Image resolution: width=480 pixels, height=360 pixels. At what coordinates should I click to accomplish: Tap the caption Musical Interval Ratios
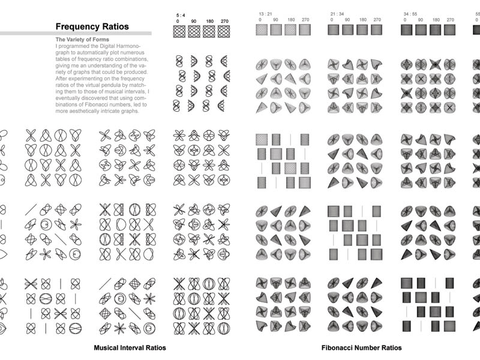[x=130, y=347]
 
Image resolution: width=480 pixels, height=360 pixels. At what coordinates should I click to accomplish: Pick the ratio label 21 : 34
[x=337, y=13]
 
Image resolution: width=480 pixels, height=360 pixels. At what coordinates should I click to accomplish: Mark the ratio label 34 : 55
[x=409, y=13]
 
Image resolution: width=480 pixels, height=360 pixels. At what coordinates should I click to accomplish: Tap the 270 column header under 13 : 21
[x=305, y=20]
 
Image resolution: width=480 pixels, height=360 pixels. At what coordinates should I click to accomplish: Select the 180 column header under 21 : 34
[x=362, y=20]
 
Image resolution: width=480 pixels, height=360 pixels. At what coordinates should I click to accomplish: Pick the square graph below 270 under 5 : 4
[x=224, y=31]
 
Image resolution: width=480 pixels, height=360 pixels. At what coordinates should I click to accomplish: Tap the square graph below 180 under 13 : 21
[x=291, y=30]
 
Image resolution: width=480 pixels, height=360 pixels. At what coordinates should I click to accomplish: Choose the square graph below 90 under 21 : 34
[x=348, y=30]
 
